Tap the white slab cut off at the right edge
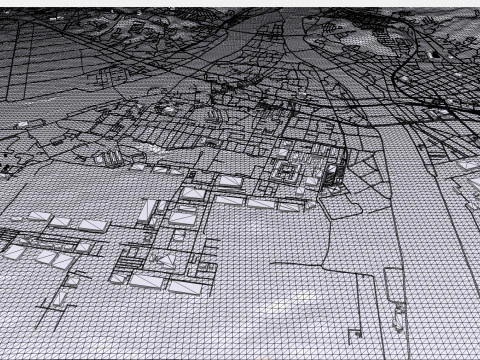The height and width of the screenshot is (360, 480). [x=470, y=164]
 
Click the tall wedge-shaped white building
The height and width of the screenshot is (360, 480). [x=149, y=211]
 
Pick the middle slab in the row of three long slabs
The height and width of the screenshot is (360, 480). [x=230, y=200]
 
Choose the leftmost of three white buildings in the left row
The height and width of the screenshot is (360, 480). [x=40, y=217]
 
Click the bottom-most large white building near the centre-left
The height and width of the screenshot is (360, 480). [x=185, y=287]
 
